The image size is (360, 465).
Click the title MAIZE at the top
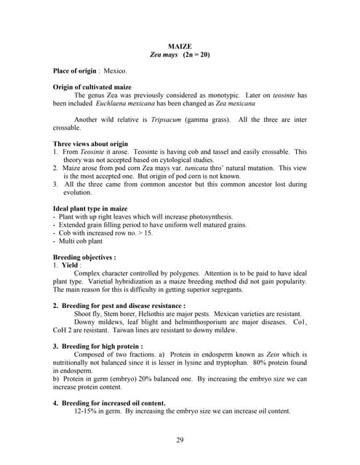point(180,46)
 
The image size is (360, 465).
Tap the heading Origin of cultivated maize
point(92,88)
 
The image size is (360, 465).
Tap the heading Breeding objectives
point(84,257)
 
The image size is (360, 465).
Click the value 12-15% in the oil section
point(88,411)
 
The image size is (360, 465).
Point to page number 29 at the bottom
point(180,440)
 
